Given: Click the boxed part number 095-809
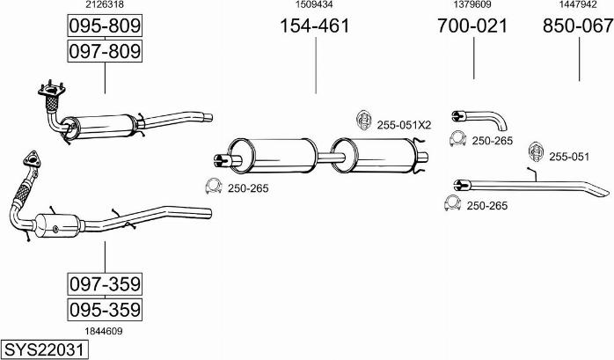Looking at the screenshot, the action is [105, 26].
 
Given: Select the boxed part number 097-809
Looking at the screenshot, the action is [105, 51].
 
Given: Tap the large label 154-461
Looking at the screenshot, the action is [314, 26].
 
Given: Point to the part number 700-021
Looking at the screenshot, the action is [472, 26].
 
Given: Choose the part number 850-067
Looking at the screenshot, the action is [578, 26].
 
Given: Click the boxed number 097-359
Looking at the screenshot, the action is [105, 284].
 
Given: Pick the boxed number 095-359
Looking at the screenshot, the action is [105, 310].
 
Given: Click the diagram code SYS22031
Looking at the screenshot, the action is [44, 349].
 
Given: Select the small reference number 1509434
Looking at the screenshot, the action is [314, 4].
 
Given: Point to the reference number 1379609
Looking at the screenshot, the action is [472, 4].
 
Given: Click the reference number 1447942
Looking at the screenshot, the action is [578, 4].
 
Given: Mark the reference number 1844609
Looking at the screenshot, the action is [104, 332].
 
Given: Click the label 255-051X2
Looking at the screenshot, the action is [404, 125].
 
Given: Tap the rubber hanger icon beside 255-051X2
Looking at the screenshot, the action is [364, 121].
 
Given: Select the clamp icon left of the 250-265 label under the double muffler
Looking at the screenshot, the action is [214, 186].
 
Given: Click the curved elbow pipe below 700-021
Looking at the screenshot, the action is [479, 120].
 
